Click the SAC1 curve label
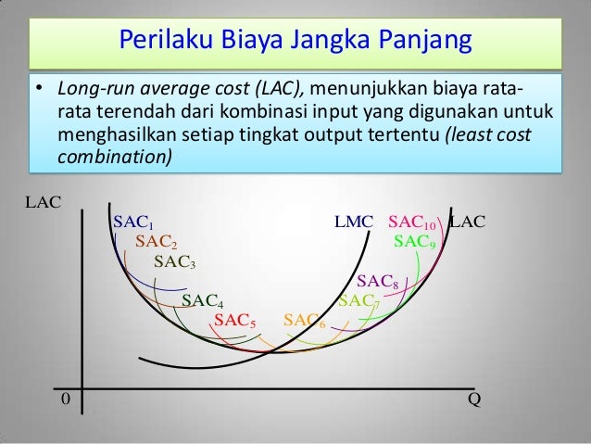132,222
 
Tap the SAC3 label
174,262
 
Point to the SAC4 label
202,300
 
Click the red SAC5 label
234,320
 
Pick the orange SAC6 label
304,321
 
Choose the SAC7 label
358,300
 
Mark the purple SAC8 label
377,281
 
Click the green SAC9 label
415,242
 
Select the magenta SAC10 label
412,222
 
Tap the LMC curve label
353,222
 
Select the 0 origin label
65,398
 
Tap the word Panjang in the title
424,42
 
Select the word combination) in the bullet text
115,157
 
